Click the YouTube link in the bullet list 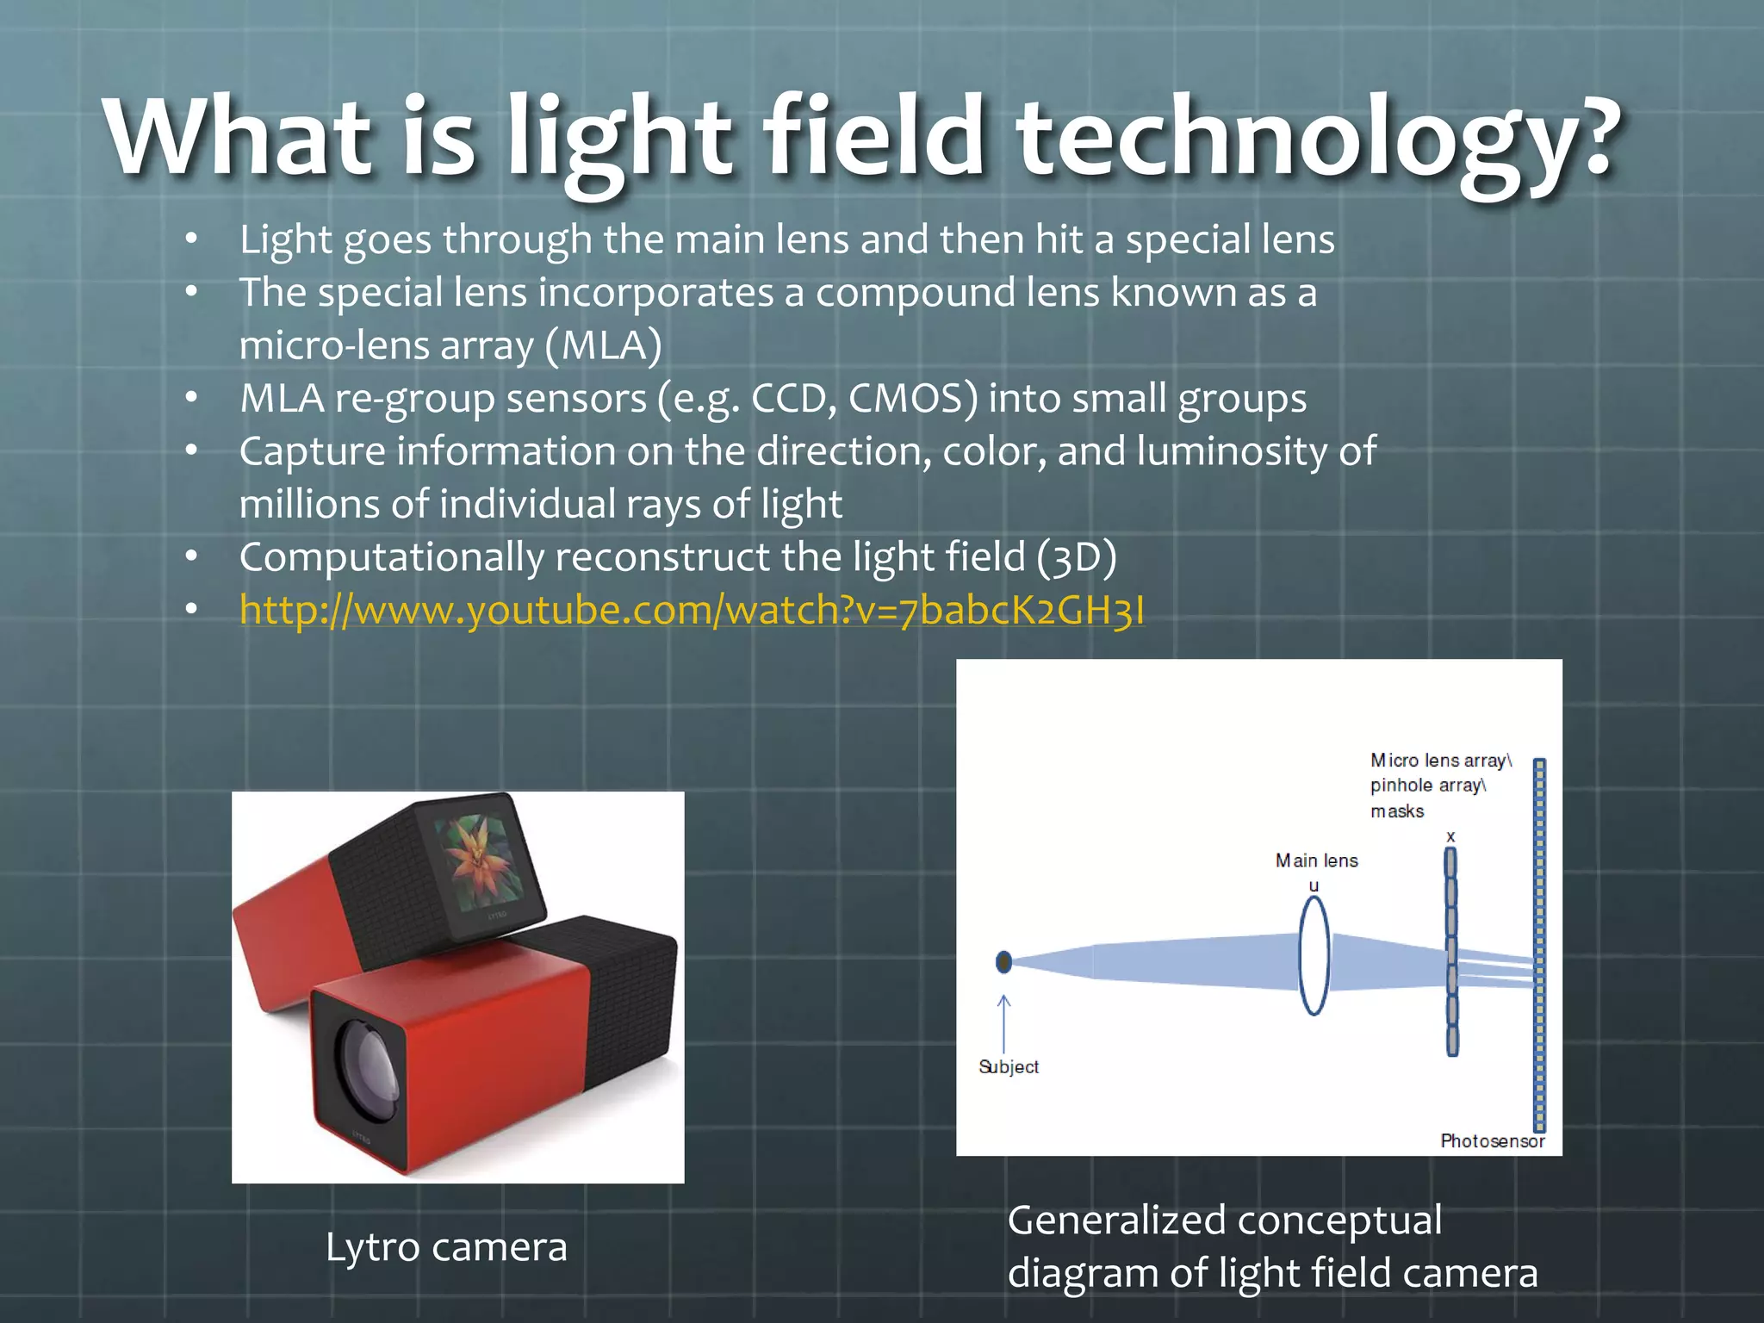tap(692, 610)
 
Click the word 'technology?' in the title tap(1318, 138)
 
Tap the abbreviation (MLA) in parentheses tap(604, 345)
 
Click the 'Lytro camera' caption tap(446, 1246)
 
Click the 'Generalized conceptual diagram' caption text tap(1271, 1246)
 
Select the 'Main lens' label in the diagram tap(1316, 860)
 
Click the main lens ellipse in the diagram tap(1314, 956)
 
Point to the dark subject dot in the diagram tap(1003, 961)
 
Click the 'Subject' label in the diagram tap(1009, 1066)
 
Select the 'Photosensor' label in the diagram tap(1492, 1140)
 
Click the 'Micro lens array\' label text tap(1440, 761)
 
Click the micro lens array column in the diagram tap(1451, 952)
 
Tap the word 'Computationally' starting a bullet tap(392, 557)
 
